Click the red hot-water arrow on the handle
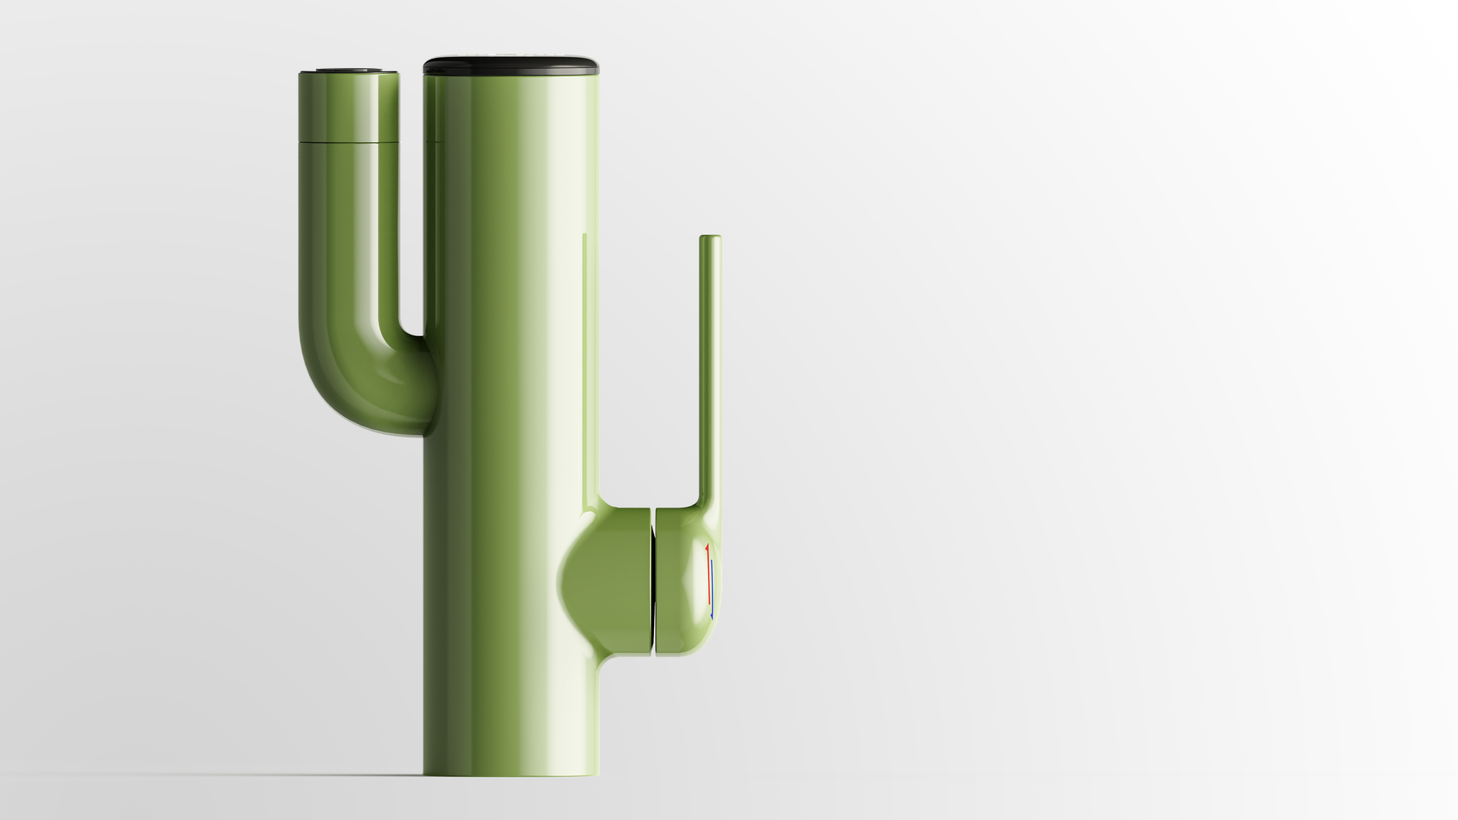(x=708, y=574)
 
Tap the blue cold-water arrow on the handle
(x=712, y=588)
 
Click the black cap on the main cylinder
(x=511, y=65)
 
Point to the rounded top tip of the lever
(x=710, y=237)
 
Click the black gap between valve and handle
(x=653, y=583)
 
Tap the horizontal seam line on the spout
(x=348, y=141)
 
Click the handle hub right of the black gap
(x=679, y=583)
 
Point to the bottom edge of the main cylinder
(x=511, y=774)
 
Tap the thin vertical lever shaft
(x=710, y=368)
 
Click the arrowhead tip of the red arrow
(x=707, y=546)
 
